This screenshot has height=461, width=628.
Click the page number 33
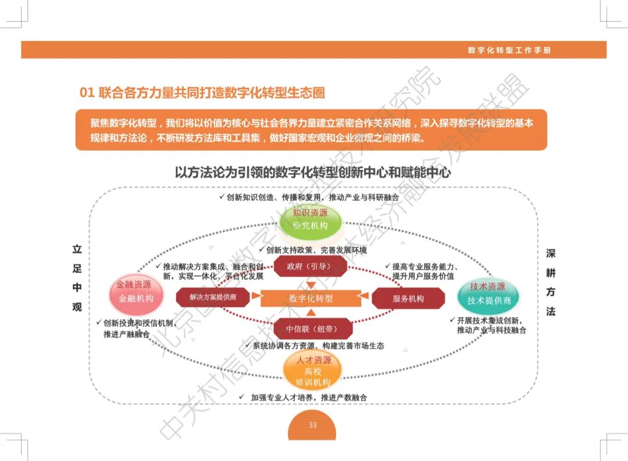click(x=313, y=425)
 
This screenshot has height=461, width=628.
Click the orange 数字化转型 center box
click(x=311, y=298)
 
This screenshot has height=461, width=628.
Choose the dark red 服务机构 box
click(x=408, y=298)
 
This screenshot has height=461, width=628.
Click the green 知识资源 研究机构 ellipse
click(x=310, y=219)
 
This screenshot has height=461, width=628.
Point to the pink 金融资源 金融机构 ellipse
click(x=135, y=292)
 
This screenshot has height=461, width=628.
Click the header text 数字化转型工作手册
click(x=509, y=50)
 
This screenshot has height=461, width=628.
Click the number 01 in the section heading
click(x=87, y=93)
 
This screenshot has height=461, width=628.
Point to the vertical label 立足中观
click(x=77, y=278)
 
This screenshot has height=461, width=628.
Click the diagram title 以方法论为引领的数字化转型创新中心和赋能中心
click(x=313, y=173)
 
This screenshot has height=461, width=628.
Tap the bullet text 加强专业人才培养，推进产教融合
click(x=305, y=397)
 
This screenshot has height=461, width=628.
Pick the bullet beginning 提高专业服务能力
click(x=419, y=271)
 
